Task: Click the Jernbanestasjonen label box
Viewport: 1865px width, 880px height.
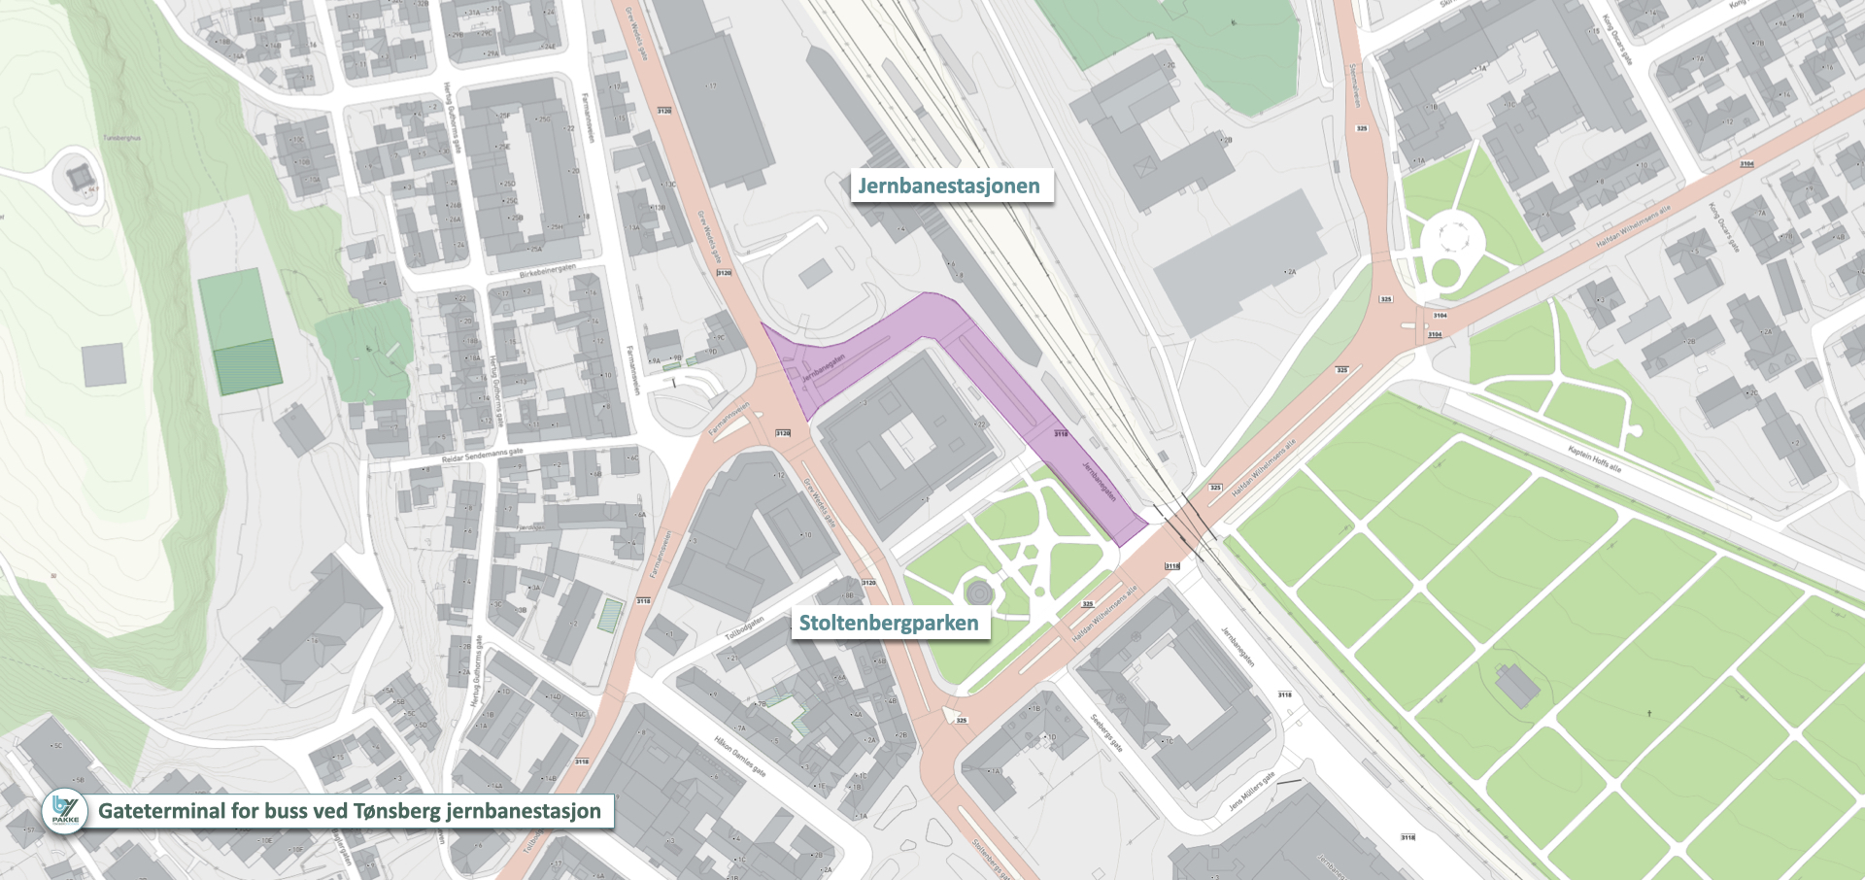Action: tap(949, 186)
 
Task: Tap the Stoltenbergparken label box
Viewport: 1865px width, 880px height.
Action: tap(889, 623)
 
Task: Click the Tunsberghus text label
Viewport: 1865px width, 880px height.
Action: tap(122, 138)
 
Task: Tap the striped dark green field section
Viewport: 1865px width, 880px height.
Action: tap(248, 367)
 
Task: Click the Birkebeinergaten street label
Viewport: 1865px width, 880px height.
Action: tap(547, 270)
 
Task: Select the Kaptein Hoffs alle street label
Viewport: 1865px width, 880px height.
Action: tap(1594, 457)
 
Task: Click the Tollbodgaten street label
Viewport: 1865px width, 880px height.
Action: tap(744, 627)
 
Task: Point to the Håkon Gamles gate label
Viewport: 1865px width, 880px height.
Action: tap(740, 756)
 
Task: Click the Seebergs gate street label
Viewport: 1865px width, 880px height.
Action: tap(1106, 734)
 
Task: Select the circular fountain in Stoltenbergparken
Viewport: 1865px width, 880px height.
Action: tap(978, 590)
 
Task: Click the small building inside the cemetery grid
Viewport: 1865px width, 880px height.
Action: tap(1517, 686)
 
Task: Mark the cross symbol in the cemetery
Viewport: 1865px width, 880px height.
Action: tap(1649, 714)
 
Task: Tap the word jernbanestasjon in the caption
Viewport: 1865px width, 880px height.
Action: tap(524, 811)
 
